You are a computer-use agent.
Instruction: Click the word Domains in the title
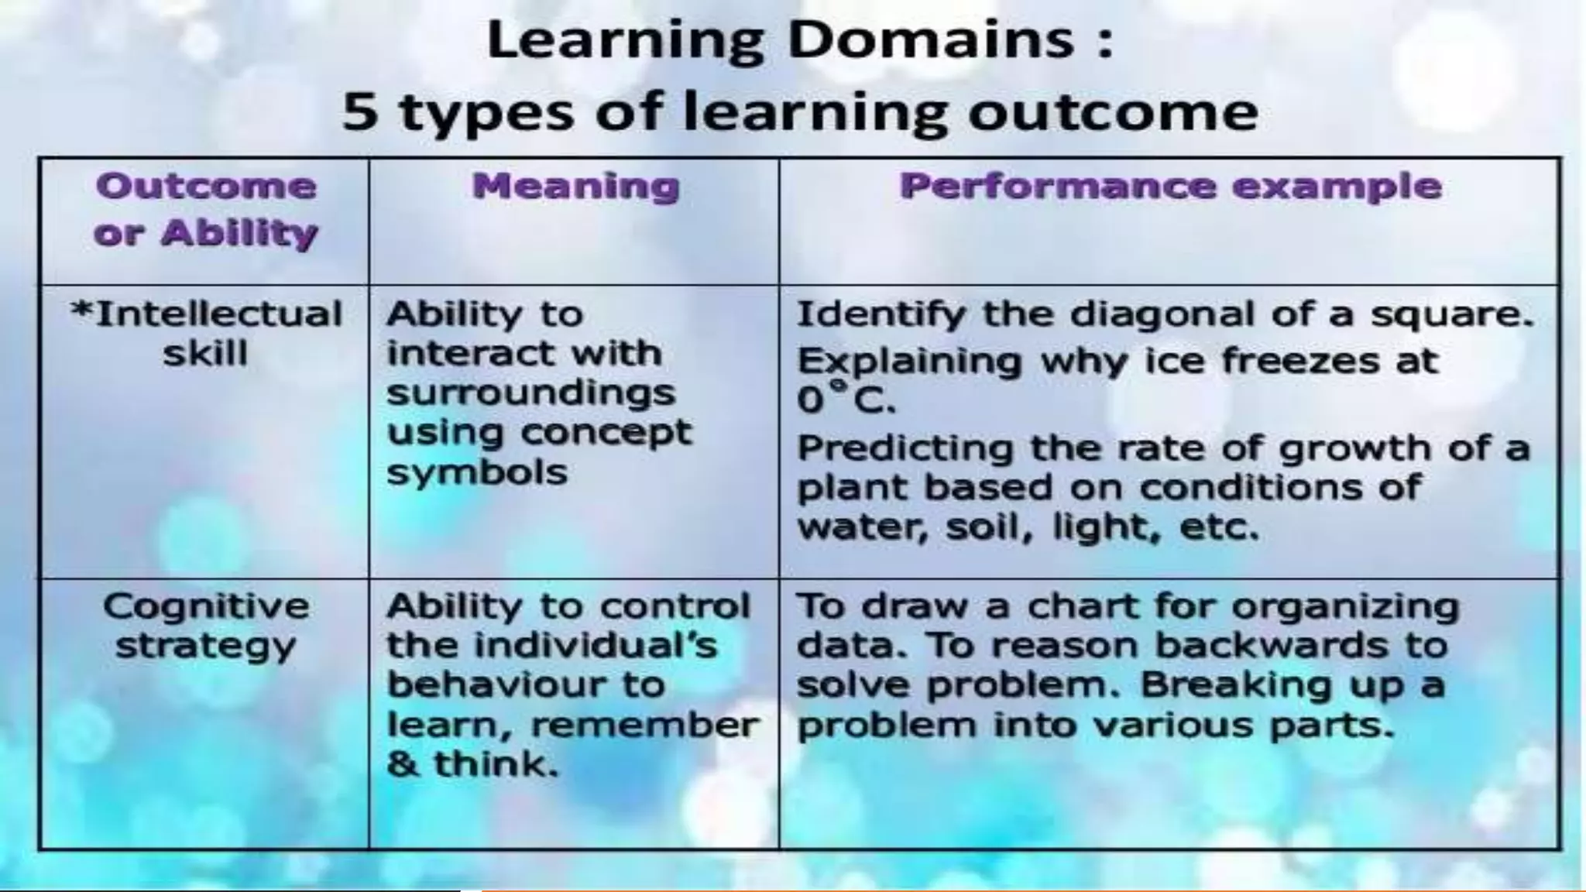click(930, 40)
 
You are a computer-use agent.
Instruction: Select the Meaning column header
click(575, 187)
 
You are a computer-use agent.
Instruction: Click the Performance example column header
click(1170, 187)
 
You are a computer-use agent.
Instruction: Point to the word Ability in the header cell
click(239, 233)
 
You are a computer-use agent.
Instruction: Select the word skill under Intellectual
click(205, 355)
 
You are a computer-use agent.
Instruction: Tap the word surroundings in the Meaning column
click(530, 393)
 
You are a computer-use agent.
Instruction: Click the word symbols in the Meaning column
click(477, 472)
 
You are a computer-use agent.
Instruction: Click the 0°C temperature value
click(846, 400)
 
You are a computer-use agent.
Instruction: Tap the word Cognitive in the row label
click(206, 606)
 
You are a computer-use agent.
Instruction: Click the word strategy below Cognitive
click(206, 647)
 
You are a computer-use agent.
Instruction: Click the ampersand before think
click(402, 765)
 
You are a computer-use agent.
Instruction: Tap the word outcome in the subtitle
click(1113, 112)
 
